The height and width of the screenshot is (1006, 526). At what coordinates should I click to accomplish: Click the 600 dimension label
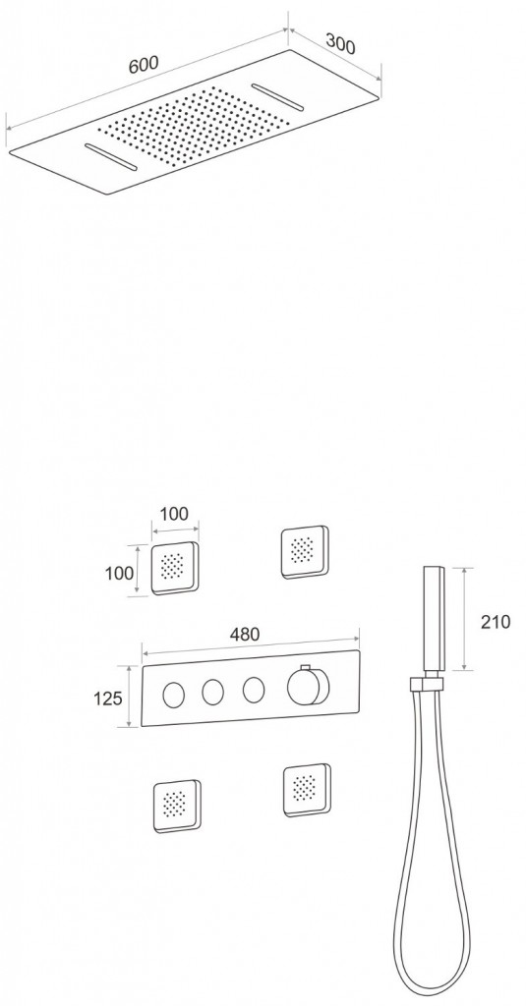click(x=143, y=64)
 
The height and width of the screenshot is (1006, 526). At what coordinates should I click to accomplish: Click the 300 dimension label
click(x=340, y=43)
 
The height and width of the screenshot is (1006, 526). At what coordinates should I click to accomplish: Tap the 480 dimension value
click(x=245, y=634)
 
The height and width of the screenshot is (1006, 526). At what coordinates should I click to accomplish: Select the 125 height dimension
click(x=107, y=698)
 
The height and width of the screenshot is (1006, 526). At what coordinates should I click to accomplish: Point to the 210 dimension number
click(x=496, y=621)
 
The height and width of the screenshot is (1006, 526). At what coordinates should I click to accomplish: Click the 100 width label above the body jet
click(x=174, y=513)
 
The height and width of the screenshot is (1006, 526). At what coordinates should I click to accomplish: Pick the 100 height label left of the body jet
click(x=120, y=573)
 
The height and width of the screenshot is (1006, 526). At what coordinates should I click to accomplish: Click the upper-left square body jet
click(x=175, y=568)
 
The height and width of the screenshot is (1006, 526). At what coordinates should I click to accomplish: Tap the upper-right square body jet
click(x=305, y=552)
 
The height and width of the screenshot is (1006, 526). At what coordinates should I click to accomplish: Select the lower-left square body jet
click(x=177, y=806)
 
